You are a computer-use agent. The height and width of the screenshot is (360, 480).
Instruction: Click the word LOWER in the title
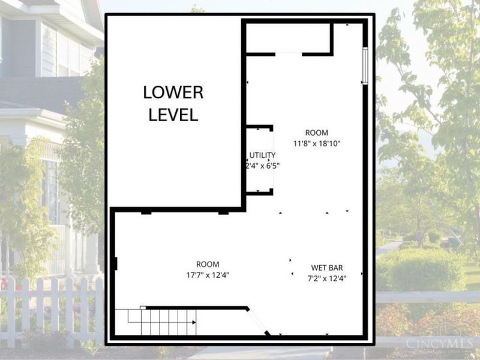[173, 93]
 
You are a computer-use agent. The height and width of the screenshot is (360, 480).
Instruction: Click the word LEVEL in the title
[173, 114]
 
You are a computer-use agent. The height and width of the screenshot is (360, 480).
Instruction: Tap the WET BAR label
[327, 268]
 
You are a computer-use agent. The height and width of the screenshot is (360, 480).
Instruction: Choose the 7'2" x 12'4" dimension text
[327, 278]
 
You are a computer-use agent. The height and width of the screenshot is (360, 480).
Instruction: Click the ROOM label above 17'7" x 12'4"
[208, 264]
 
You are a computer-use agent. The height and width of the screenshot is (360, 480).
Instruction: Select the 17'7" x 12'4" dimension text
[208, 275]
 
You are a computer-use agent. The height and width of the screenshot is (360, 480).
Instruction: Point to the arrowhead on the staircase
[194, 322]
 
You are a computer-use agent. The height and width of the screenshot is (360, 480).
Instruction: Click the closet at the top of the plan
[288, 38]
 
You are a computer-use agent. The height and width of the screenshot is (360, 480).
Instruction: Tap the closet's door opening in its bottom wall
[289, 54]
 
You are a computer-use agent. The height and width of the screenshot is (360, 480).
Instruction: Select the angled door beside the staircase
[259, 322]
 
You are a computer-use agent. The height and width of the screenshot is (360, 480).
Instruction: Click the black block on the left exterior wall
[114, 263]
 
